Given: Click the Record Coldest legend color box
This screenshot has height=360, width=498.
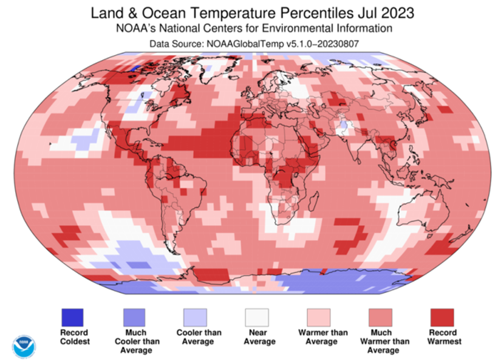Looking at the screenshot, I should tap(73, 318).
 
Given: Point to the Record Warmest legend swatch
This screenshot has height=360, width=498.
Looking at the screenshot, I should tap(442, 318).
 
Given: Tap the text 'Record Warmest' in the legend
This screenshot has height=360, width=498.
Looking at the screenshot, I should tap(442, 337).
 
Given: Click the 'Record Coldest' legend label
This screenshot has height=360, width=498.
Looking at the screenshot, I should tap(73, 337).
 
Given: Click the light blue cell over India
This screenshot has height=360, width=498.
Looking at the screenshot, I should tap(345, 126).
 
